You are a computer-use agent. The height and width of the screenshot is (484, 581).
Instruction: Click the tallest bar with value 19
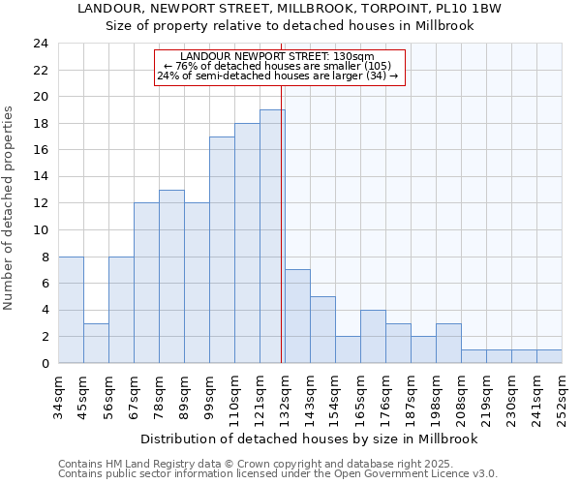coord(272,236)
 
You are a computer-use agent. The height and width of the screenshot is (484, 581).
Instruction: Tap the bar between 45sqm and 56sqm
coord(96,343)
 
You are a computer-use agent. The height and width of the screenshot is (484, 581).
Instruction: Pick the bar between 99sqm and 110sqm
coord(222,250)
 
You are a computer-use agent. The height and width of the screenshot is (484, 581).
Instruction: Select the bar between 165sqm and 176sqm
coord(373,337)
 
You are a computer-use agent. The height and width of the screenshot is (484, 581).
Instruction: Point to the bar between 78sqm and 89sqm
coord(171,277)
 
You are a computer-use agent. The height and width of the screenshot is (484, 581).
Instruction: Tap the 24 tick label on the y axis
coord(41,44)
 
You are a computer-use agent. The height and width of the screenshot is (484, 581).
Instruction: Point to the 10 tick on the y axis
coord(41,230)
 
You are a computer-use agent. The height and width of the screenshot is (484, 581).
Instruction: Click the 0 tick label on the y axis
coord(45,364)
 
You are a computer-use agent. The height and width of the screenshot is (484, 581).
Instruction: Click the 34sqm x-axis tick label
coord(59,396)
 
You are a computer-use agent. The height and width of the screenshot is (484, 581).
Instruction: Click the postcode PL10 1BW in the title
coord(480,8)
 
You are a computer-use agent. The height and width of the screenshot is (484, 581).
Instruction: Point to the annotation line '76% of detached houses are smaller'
coord(279,66)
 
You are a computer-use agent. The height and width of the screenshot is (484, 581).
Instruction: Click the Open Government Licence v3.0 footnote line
coord(278,474)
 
